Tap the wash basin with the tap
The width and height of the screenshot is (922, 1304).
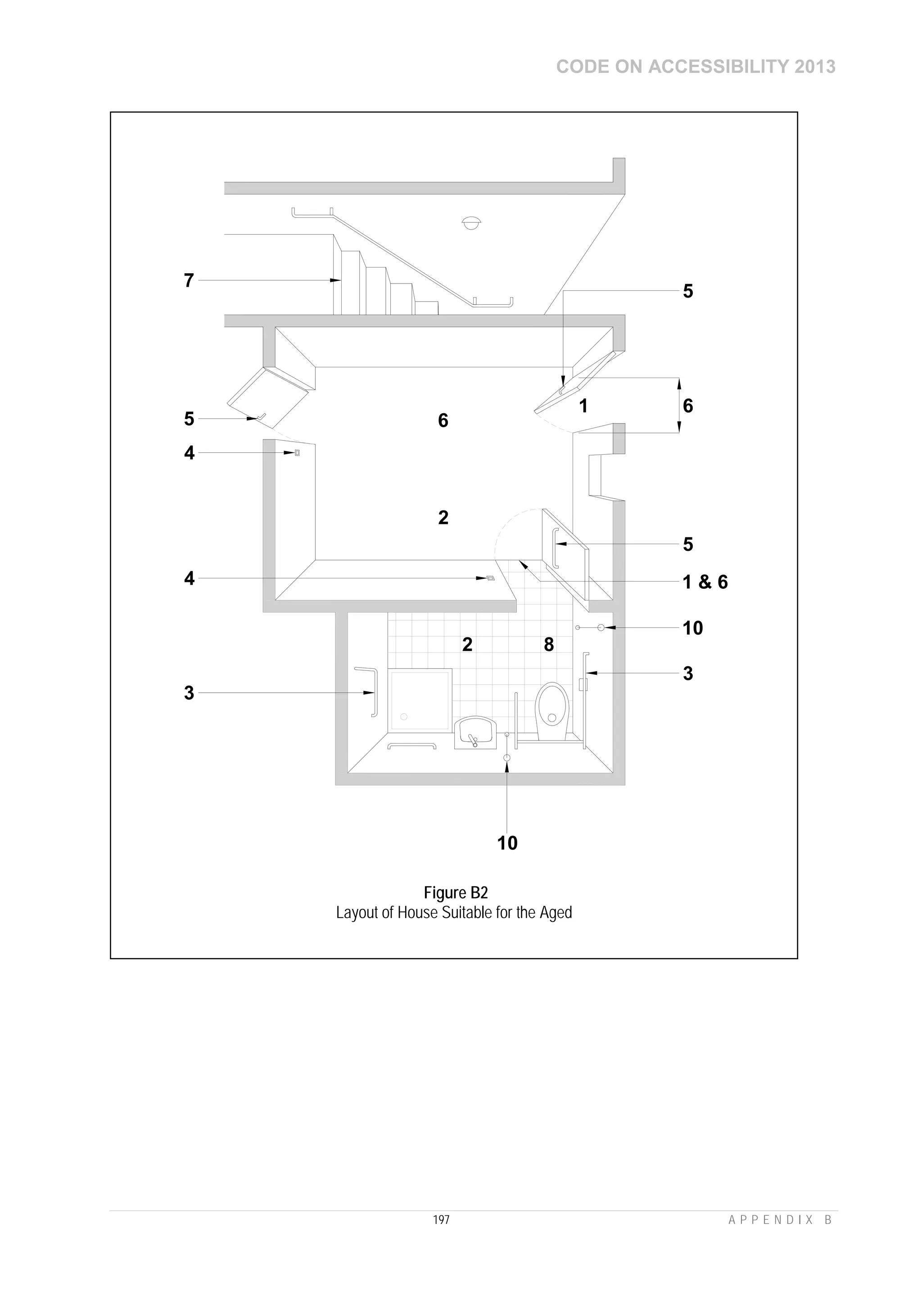(x=475, y=734)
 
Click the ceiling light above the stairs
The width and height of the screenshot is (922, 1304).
(x=471, y=222)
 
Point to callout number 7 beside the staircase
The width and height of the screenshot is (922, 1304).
(x=189, y=280)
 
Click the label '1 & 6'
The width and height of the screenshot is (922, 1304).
(x=705, y=582)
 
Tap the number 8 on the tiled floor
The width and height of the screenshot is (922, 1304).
(x=549, y=645)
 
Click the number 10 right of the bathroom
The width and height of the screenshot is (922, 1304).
(x=692, y=628)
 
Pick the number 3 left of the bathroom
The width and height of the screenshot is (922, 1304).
(x=189, y=693)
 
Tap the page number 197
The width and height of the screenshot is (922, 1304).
(x=441, y=1219)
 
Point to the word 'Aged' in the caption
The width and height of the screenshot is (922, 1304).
(x=556, y=913)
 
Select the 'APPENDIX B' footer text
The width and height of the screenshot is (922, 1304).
(x=780, y=1220)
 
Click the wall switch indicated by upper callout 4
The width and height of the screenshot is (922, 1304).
(x=297, y=453)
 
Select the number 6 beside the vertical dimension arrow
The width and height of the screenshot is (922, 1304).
(x=688, y=406)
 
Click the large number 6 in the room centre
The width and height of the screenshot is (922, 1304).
(x=443, y=420)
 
